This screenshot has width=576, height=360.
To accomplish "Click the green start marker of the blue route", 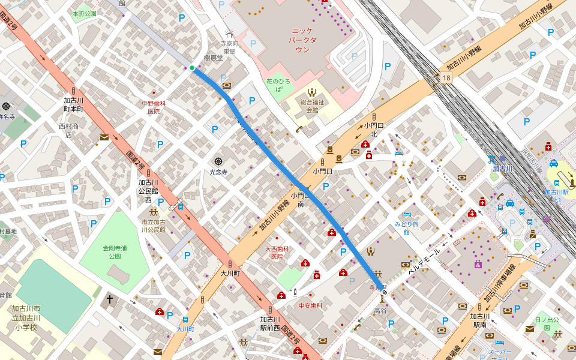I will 192,68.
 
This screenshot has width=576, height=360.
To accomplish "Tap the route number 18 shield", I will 445,78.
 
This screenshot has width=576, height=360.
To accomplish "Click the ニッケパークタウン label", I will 302,40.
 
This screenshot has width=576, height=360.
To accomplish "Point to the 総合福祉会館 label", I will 312,106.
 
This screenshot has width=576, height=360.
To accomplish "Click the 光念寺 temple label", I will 218,172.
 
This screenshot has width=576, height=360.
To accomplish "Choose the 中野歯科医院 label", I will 154,107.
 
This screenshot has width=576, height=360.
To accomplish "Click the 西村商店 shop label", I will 68,130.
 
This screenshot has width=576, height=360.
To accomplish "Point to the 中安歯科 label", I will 310,305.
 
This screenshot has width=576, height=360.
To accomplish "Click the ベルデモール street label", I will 424,262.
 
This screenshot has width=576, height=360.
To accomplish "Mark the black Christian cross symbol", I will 110,299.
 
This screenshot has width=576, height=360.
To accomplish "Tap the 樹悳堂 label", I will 213,58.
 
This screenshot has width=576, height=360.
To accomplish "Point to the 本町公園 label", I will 84,13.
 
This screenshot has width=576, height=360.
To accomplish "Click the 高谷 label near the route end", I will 380,310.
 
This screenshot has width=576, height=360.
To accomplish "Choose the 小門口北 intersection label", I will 374,129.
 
